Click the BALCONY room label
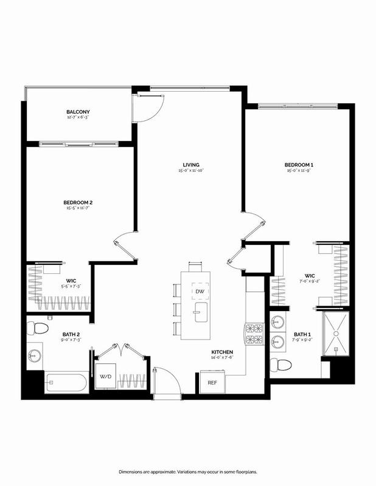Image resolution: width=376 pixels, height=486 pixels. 78,112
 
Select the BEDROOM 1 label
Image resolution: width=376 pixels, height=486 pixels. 298,165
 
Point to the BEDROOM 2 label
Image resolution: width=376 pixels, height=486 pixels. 77,202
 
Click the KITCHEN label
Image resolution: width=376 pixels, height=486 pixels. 221,352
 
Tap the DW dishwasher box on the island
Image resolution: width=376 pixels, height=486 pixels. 199,292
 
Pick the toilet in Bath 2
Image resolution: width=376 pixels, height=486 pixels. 40,329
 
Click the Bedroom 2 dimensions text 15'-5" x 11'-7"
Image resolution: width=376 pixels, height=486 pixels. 77,209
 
